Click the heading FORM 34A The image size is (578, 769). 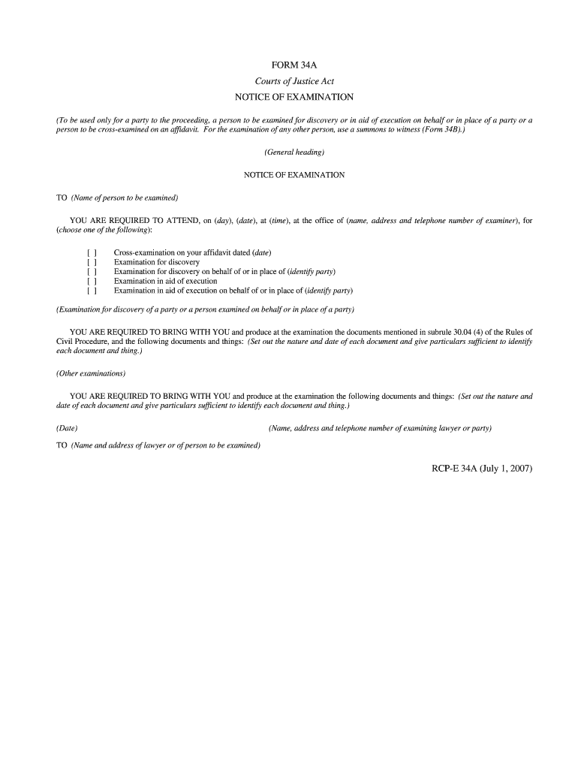point(294,65)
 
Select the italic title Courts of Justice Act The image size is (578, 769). point(294,81)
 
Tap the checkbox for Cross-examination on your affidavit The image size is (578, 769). point(92,253)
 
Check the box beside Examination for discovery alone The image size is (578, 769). point(92,262)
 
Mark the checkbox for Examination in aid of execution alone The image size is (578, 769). point(92,281)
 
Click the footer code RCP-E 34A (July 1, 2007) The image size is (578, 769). point(477,469)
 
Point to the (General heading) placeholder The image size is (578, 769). point(294,152)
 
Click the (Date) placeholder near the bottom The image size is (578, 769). point(67,428)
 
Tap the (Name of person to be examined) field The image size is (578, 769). point(125,198)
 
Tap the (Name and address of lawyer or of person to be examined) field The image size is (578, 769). point(166,445)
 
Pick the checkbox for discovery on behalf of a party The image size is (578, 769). point(92,271)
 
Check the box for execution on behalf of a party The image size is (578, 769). point(92,290)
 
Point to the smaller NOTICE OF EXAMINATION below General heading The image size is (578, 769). point(294,175)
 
